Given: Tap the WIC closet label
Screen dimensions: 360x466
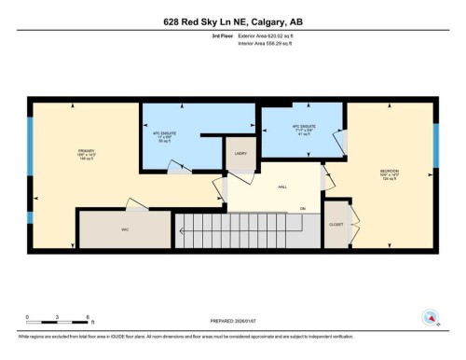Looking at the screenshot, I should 124,228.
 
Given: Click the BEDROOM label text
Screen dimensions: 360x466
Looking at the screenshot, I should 390,172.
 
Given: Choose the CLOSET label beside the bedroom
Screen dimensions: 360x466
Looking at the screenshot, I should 336,225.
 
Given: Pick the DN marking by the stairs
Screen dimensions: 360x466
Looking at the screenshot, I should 302,207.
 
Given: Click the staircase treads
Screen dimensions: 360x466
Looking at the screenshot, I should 242,227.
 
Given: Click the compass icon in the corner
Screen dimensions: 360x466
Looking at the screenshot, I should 430,316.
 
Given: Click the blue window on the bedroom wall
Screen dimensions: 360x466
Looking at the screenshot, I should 435,142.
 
